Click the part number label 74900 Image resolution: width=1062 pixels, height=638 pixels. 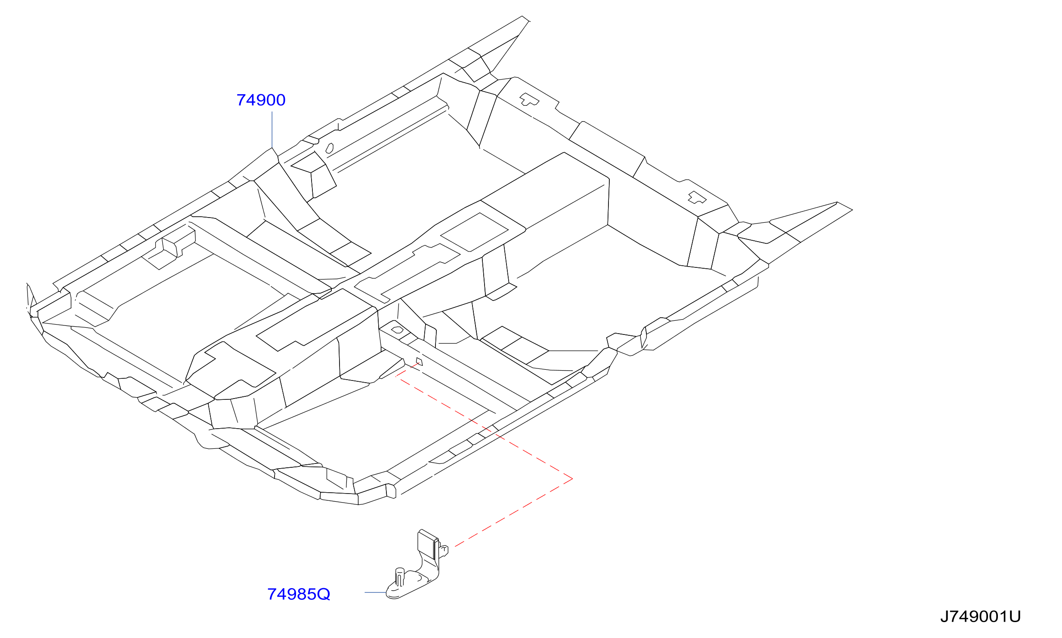[261, 100]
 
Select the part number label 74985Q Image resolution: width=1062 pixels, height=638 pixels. [299, 594]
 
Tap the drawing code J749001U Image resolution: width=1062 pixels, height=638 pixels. [980, 617]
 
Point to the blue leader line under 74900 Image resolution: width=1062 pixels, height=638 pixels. [272, 130]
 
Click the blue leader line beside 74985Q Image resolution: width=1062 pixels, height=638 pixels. [376, 592]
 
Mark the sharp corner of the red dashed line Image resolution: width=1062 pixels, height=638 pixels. [572, 478]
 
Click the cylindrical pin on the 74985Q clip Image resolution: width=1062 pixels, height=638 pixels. [400, 577]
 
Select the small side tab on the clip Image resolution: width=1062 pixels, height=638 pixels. [444, 550]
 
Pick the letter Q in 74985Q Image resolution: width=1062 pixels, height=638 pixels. [323, 595]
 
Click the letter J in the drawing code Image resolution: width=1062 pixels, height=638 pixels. [944, 617]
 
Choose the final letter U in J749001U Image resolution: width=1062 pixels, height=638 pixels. [1015, 617]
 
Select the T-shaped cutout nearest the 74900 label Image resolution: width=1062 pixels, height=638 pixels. [529, 99]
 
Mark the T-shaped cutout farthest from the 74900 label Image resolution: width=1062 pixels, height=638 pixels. [697, 198]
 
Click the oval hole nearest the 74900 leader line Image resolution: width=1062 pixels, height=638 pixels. [330, 148]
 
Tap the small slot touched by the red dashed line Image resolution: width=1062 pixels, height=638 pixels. [419, 362]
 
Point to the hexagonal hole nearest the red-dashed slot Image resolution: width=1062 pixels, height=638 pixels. [397, 330]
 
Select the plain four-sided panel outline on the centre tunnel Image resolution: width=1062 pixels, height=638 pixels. [474, 232]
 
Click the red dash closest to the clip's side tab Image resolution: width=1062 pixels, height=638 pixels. [460, 543]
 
